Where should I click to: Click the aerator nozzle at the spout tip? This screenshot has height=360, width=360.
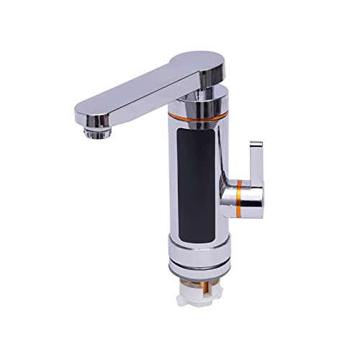pyautogui.click(x=95, y=130)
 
